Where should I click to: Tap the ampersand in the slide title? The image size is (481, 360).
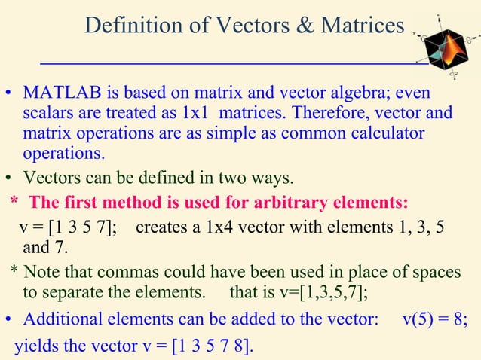(x=305, y=26)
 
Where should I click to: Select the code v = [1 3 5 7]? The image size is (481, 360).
(x=67, y=227)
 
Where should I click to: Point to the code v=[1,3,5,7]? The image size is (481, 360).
(x=320, y=291)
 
